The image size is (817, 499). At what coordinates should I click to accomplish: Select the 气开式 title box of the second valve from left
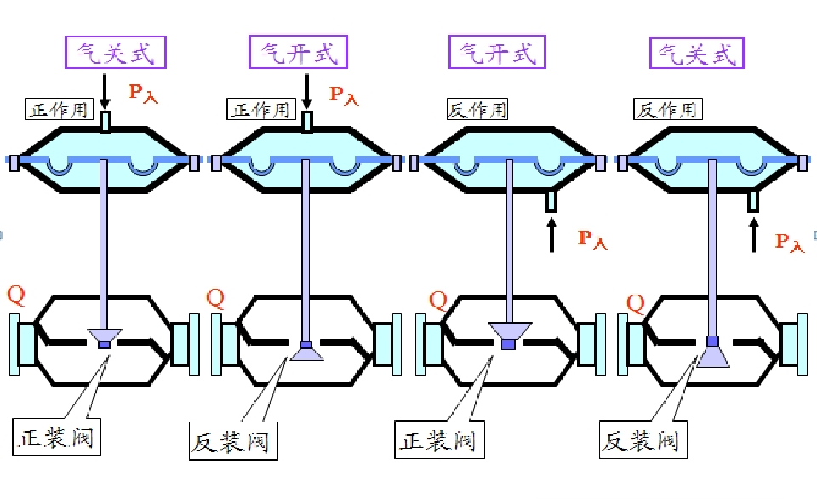[299, 52]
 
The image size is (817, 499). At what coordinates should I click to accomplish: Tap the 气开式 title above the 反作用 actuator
[498, 52]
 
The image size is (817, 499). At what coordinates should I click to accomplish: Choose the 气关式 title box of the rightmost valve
[697, 52]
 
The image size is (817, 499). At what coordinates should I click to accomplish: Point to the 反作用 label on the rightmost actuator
[666, 109]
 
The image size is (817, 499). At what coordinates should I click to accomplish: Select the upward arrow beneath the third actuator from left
[551, 235]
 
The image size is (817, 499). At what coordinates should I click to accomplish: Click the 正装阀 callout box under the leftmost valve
[55, 439]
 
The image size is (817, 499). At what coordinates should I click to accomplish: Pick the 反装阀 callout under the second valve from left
[229, 442]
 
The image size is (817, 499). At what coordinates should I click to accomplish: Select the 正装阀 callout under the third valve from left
[437, 441]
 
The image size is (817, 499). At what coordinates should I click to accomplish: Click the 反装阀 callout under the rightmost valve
[641, 441]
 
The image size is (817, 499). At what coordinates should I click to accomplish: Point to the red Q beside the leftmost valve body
[16, 295]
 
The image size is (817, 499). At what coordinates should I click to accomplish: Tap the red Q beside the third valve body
[437, 300]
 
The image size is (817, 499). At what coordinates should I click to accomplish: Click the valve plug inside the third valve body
[510, 334]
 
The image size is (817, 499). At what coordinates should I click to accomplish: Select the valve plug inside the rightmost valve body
[712, 351]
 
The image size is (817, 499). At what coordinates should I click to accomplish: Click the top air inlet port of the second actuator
[307, 123]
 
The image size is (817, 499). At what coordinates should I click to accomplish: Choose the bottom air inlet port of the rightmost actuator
[753, 201]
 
